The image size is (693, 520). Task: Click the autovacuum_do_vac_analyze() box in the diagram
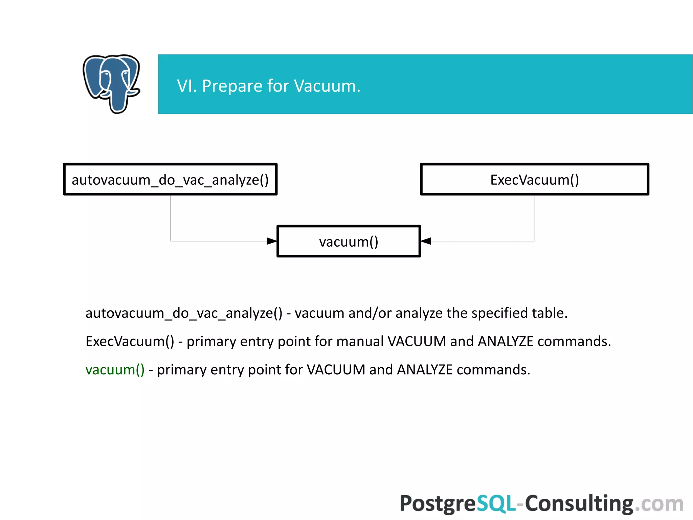(170, 180)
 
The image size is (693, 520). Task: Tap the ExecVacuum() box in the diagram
(534, 180)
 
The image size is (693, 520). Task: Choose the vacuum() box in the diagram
(349, 242)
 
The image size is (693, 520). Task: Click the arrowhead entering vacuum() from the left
(272, 241)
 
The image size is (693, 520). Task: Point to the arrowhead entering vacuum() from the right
(426, 241)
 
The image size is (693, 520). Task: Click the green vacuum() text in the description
(115, 370)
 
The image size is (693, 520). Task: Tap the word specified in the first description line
(499, 313)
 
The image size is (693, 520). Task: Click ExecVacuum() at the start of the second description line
(130, 341)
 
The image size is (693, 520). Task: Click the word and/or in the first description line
(370, 313)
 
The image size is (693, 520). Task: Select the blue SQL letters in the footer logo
(496, 503)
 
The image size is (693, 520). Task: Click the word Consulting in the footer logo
(579, 503)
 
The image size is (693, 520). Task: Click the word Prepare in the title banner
(232, 86)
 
